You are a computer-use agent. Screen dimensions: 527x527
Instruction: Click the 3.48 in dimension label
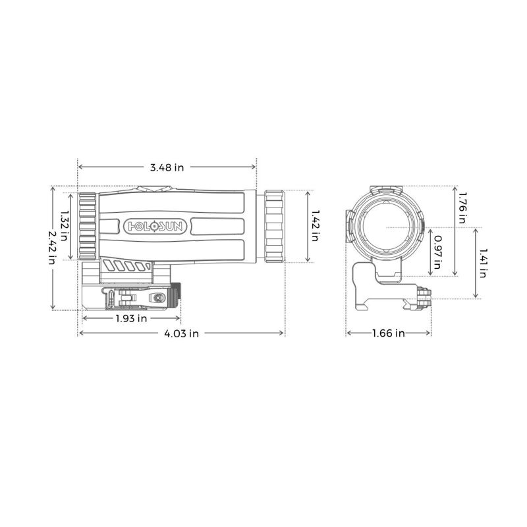click(x=166, y=167)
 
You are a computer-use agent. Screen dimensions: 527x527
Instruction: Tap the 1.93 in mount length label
click(x=130, y=319)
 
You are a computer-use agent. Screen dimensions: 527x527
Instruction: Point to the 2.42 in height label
click(x=52, y=247)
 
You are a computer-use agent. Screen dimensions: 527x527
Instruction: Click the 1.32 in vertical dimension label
click(x=65, y=225)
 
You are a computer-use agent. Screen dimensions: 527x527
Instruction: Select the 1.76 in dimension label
click(x=462, y=207)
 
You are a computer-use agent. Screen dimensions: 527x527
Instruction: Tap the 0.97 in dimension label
click(x=437, y=254)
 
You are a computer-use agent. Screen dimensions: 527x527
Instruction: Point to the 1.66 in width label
click(x=388, y=333)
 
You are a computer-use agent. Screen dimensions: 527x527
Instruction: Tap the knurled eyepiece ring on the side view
click(x=275, y=226)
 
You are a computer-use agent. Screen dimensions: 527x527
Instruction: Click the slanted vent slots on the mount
click(x=128, y=267)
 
